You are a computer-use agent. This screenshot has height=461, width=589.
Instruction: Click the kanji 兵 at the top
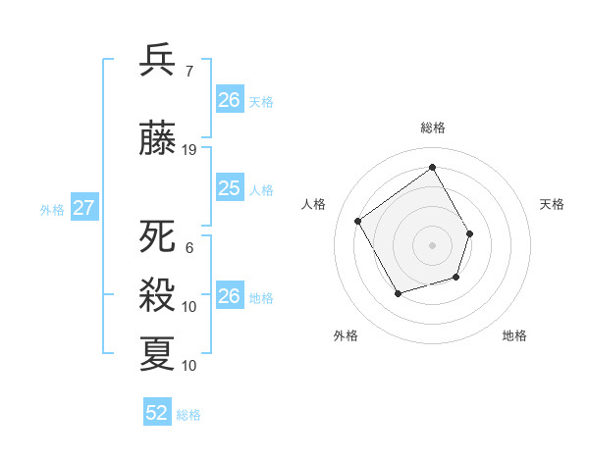(158, 61)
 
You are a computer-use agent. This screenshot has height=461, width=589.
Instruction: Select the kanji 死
(158, 237)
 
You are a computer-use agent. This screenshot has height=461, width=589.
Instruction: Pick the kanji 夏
(158, 353)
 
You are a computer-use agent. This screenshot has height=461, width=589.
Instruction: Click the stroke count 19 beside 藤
(189, 150)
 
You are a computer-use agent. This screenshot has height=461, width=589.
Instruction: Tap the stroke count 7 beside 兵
(188, 72)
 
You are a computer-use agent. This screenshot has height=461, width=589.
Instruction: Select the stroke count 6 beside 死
(188, 248)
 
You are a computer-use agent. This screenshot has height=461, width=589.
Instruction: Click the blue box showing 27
(83, 208)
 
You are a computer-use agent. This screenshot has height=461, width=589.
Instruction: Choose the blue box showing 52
(157, 413)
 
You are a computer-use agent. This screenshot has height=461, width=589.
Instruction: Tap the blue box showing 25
(229, 188)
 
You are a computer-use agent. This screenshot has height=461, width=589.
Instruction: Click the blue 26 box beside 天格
(229, 100)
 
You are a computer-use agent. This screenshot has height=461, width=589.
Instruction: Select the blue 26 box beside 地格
(229, 296)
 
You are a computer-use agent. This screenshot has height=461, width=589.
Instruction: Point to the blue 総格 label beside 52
(188, 415)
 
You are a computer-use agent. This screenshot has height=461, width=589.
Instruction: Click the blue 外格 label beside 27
(52, 209)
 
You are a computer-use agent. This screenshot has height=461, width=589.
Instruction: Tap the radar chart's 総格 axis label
(432, 128)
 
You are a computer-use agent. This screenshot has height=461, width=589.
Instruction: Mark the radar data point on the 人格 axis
(358, 221)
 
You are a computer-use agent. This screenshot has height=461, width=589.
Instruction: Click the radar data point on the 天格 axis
(470, 233)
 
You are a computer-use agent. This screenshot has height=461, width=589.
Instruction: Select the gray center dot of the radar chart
(432, 245)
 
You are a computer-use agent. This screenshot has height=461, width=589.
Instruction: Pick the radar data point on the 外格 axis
(398, 293)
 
